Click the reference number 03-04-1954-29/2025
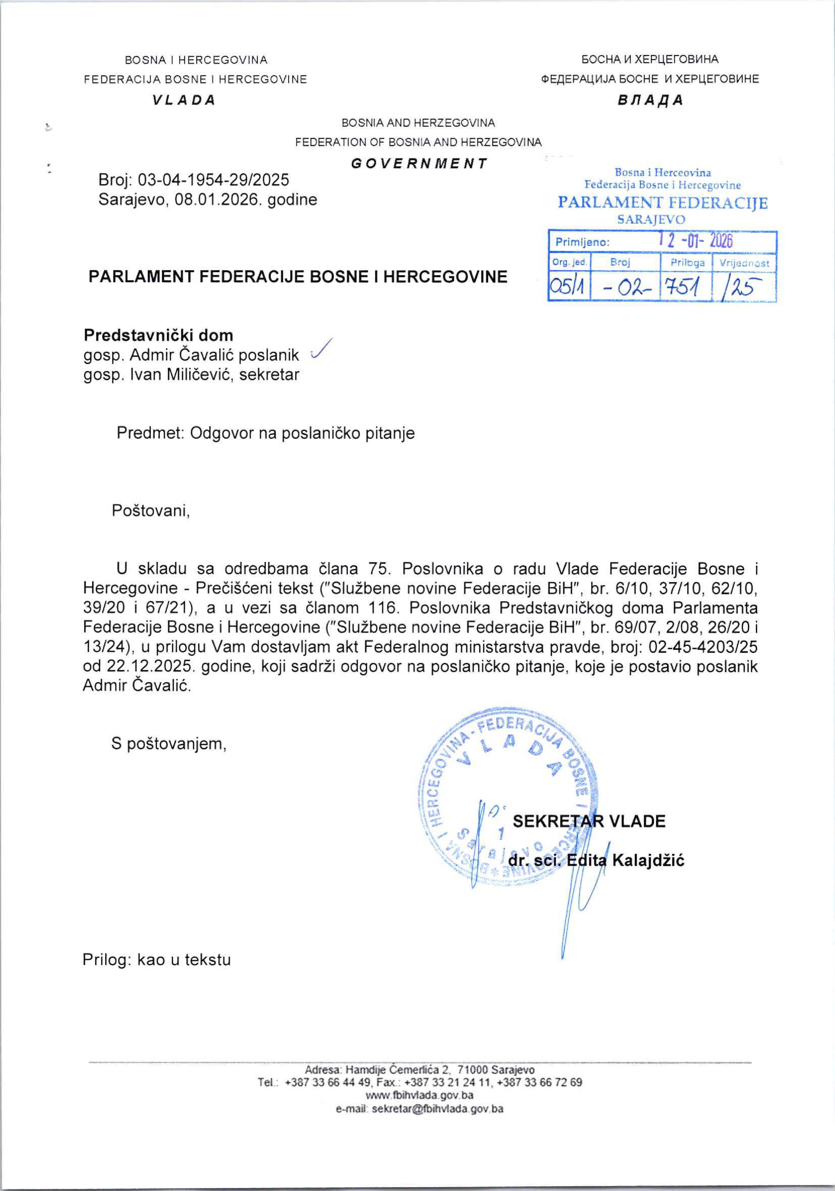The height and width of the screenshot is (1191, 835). (213, 180)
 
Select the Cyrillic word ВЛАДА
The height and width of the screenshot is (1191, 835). (650, 100)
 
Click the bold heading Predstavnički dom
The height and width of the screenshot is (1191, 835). (158, 335)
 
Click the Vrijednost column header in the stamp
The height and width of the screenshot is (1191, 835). (744, 263)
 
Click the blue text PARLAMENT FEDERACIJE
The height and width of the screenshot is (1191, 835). (662, 203)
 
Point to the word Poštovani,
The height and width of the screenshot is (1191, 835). (151, 511)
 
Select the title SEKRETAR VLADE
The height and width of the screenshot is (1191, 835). (589, 821)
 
